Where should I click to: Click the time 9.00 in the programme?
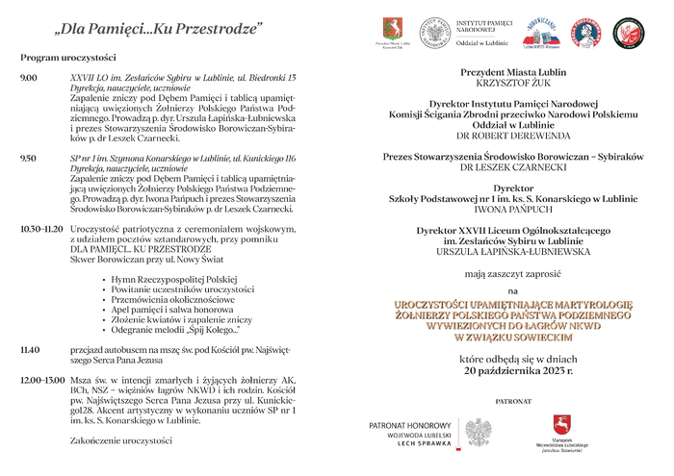click(x=28, y=76)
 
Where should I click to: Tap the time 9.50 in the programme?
click(x=28, y=158)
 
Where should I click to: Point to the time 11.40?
click(x=30, y=349)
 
